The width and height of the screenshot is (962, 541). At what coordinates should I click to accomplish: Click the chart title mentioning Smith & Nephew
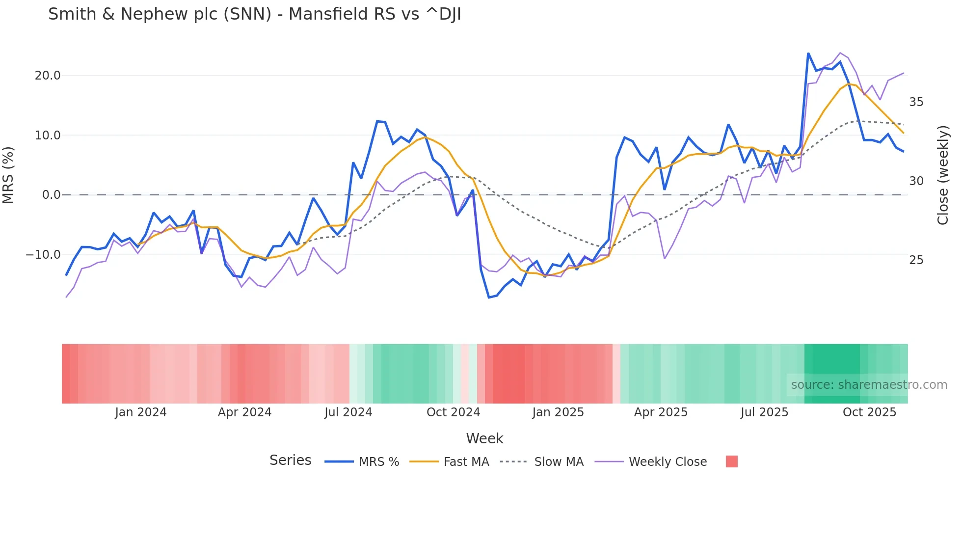(254, 14)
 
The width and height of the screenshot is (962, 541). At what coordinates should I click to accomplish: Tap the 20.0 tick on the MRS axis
(48, 76)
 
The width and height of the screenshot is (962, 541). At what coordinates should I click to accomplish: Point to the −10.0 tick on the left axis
(43, 255)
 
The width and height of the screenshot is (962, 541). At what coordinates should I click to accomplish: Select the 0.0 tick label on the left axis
(51, 195)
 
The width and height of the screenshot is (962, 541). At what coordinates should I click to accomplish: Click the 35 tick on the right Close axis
(916, 102)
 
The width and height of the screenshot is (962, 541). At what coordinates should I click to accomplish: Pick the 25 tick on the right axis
(916, 260)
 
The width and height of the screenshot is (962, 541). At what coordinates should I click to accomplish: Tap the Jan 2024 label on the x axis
(141, 412)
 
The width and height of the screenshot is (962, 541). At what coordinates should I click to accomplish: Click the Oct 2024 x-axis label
(453, 412)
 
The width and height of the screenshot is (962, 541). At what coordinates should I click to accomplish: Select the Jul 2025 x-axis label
(764, 412)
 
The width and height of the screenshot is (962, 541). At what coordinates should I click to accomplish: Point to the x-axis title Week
(484, 438)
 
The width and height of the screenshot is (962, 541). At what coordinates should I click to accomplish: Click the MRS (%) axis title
(8, 175)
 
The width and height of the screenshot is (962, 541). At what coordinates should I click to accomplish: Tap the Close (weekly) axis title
(943, 175)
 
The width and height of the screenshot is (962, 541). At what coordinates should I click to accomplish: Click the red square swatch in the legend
(731, 461)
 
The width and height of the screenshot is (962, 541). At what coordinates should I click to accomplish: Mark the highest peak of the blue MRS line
(808, 54)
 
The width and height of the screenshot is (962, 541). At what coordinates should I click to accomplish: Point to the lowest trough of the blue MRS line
(489, 298)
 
